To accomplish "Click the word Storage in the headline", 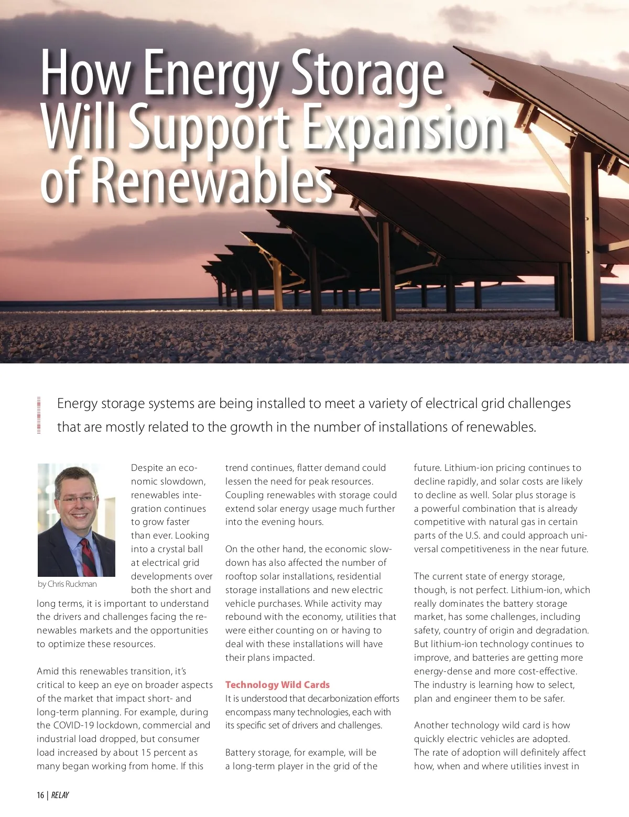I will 367,73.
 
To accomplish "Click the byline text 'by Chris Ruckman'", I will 67,584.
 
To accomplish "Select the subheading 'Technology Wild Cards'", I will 277,685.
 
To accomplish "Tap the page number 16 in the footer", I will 40,795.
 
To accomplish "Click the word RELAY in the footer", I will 60,795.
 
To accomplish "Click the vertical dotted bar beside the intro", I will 39,415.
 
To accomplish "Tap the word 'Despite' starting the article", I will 147,468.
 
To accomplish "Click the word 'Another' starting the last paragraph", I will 431,726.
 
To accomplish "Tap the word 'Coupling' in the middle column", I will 244,495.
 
